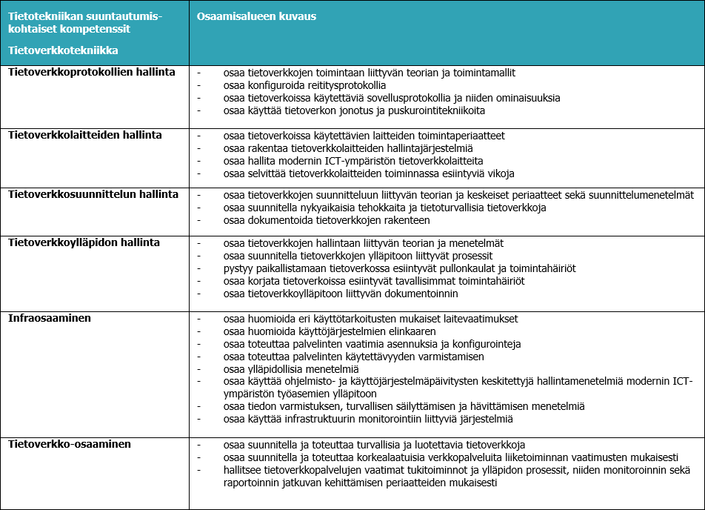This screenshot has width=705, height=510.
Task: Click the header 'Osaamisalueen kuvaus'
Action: click(x=247, y=16)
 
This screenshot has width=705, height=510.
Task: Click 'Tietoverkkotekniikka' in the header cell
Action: click(x=63, y=50)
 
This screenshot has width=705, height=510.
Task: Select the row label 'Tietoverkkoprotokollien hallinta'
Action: click(x=92, y=72)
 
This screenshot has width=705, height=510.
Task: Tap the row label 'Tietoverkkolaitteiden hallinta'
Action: click(x=85, y=136)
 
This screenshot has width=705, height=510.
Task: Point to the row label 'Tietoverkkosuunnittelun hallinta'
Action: click(x=93, y=194)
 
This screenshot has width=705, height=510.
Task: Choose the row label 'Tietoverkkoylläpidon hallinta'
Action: click(x=84, y=242)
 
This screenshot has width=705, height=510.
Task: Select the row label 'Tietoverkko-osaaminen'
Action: click(x=70, y=444)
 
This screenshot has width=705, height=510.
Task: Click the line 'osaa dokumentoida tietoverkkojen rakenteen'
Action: click(x=326, y=220)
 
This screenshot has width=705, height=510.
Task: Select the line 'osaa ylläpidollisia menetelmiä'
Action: click(x=290, y=369)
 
